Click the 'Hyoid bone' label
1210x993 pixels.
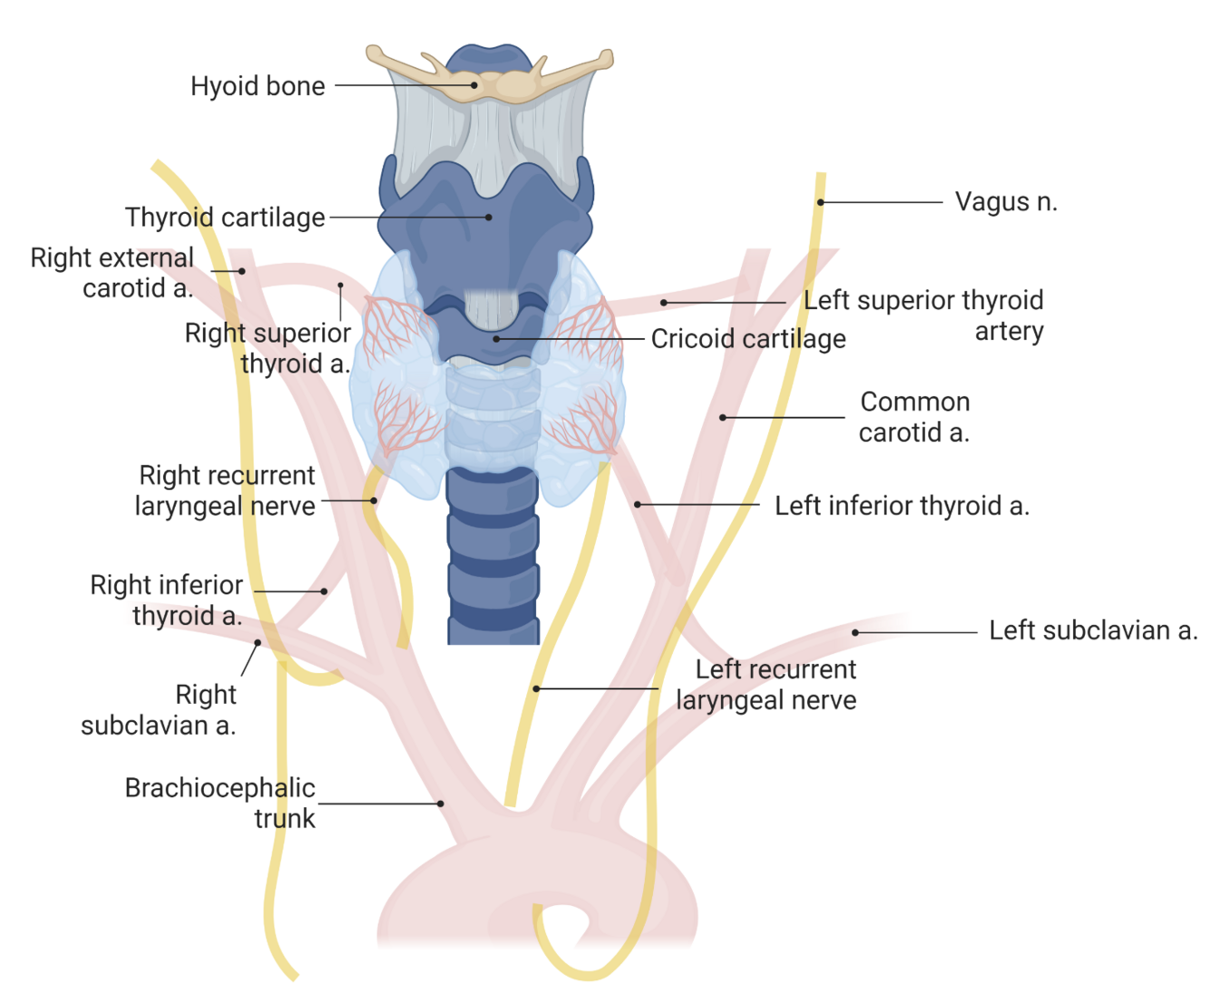pos(258,86)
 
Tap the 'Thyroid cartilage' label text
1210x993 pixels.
pos(225,218)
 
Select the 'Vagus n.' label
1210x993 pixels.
pos(1006,201)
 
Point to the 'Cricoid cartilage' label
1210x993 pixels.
pos(748,339)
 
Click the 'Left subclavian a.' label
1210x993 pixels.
pos(1093,630)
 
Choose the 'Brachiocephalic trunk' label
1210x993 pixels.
pos(220,803)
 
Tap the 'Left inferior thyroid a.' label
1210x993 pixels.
pos(902,506)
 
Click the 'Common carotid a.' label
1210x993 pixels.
pos(914,417)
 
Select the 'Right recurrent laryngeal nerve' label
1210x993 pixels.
pos(226,491)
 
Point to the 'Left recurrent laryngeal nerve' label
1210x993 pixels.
pos(767,685)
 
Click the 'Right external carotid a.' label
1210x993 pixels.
pos(112,273)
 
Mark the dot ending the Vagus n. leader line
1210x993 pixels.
pos(821,202)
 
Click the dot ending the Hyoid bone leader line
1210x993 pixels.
pos(474,85)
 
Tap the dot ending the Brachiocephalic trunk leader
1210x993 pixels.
pos(441,803)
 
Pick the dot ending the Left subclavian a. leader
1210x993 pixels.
pos(855,632)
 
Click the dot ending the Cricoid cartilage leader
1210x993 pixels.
pos(496,339)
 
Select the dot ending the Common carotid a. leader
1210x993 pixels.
pos(723,418)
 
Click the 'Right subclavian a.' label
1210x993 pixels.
pos(160,710)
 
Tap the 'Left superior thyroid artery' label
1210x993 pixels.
pos(923,315)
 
